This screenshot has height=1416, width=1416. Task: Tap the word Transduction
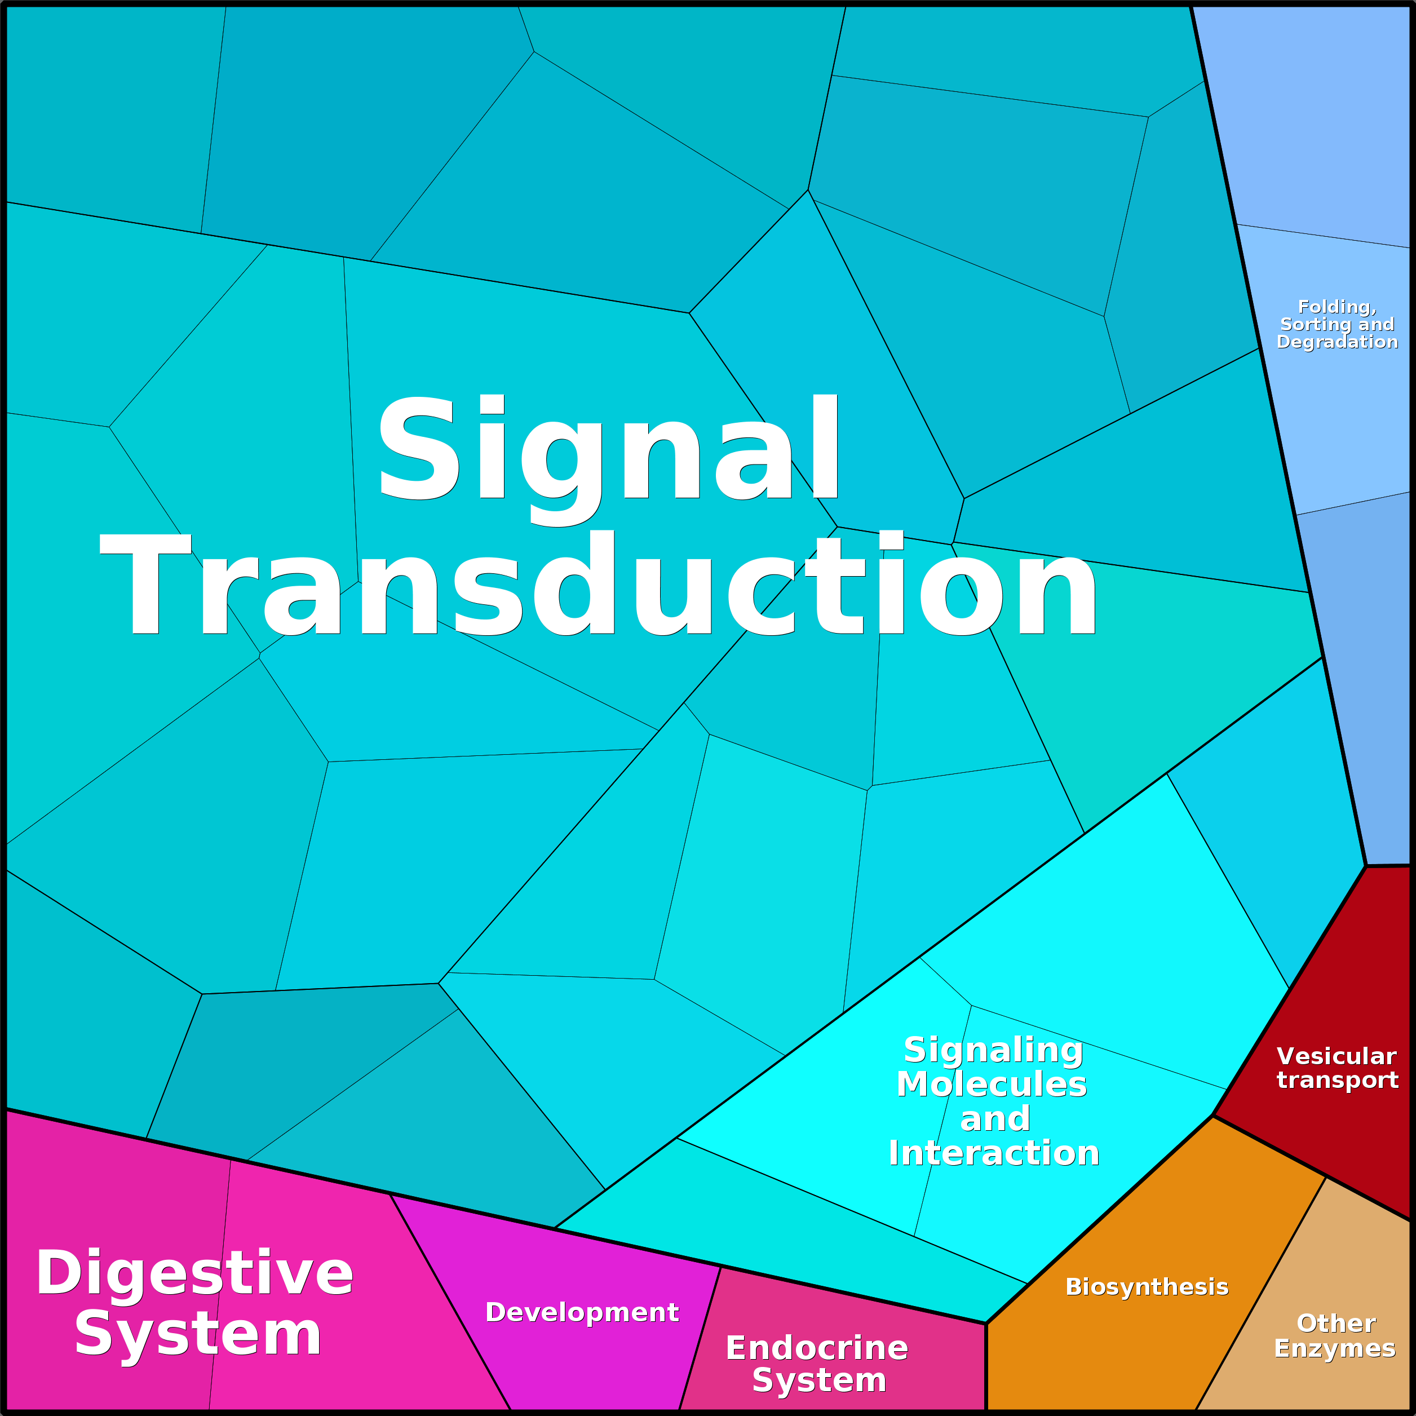pyautogui.click(x=598, y=584)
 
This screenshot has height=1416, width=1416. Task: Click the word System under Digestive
pyautogui.click(x=198, y=1336)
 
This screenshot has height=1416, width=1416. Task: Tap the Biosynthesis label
pyautogui.click(x=1147, y=1287)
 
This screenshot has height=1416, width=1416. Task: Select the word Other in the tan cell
pyautogui.click(x=1336, y=1323)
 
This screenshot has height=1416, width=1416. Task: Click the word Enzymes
pyautogui.click(x=1335, y=1348)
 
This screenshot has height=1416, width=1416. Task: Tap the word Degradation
pyautogui.click(x=1338, y=342)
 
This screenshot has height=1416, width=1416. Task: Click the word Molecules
pyautogui.click(x=992, y=1084)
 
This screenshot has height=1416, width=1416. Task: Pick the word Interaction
pyautogui.click(x=994, y=1153)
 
